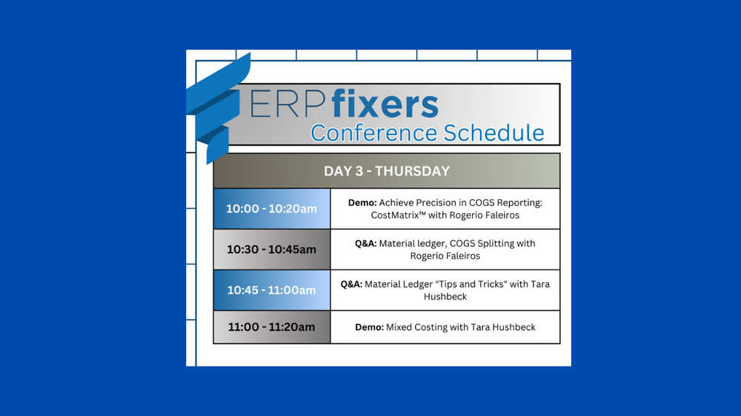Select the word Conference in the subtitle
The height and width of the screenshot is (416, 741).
[x=374, y=133]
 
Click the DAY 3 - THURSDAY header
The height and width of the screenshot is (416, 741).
[x=386, y=171]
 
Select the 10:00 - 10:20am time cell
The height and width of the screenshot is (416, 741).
[x=271, y=209]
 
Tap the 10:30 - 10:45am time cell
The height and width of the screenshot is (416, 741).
[x=271, y=249]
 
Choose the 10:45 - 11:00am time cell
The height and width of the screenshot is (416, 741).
[x=271, y=290]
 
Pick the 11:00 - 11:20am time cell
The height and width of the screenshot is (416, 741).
[x=271, y=327]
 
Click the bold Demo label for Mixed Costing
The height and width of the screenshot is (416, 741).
[x=369, y=327]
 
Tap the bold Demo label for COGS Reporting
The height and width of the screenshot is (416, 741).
[x=362, y=203]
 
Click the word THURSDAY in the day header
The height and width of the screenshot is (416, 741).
[x=412, y=171]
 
